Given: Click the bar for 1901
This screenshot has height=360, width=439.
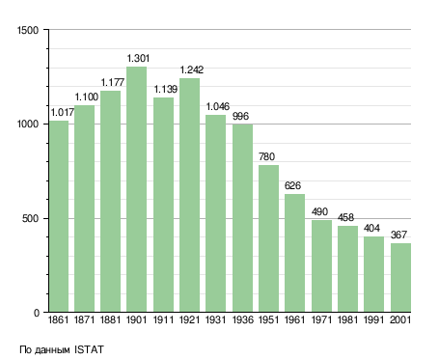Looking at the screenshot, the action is coord(136,189).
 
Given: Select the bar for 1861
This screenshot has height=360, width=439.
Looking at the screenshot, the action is coord(59,216).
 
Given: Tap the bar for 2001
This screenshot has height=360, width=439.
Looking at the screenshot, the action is coord(400,278).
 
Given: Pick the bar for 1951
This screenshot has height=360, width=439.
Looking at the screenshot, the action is coord(268,238).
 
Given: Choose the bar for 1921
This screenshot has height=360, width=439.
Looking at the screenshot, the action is coord(189,195).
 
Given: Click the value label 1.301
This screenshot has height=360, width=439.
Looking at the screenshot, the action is coord(138,58).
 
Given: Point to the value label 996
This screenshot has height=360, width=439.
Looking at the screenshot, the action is coord(240,116).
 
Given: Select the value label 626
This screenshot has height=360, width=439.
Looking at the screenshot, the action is coord(292,185).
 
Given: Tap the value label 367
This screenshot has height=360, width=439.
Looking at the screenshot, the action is coord(398,235).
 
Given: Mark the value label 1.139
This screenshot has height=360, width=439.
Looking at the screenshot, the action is coord(165,89).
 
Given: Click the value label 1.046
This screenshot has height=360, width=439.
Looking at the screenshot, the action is coord(218,106).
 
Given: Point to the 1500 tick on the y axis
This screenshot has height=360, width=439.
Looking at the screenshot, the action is coord(28,30).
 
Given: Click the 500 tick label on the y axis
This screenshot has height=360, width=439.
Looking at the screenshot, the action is coord(30,219).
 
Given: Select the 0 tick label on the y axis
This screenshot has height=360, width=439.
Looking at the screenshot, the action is coord(37,313).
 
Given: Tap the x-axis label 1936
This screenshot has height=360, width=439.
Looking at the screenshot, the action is coord(242,320).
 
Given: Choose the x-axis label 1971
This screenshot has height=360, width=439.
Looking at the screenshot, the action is coord(321,320).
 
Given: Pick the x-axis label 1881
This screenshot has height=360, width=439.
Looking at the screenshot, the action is coord(110,320).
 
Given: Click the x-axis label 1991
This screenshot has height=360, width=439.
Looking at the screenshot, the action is coord(373,320).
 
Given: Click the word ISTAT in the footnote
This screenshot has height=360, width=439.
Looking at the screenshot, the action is coord(89,349).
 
